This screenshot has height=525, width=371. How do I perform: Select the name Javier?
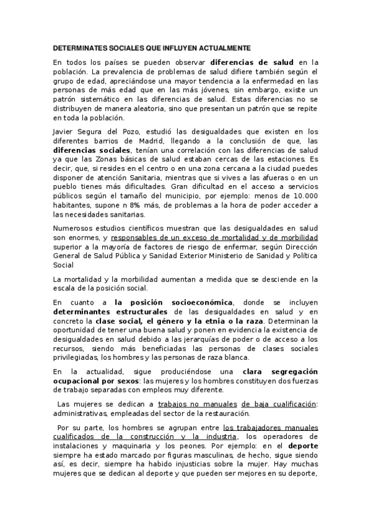click(x=64, y=131)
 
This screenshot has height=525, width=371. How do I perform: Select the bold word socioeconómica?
click(x=200, y=302)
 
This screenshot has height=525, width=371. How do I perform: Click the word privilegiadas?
click(x=75, y=358)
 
